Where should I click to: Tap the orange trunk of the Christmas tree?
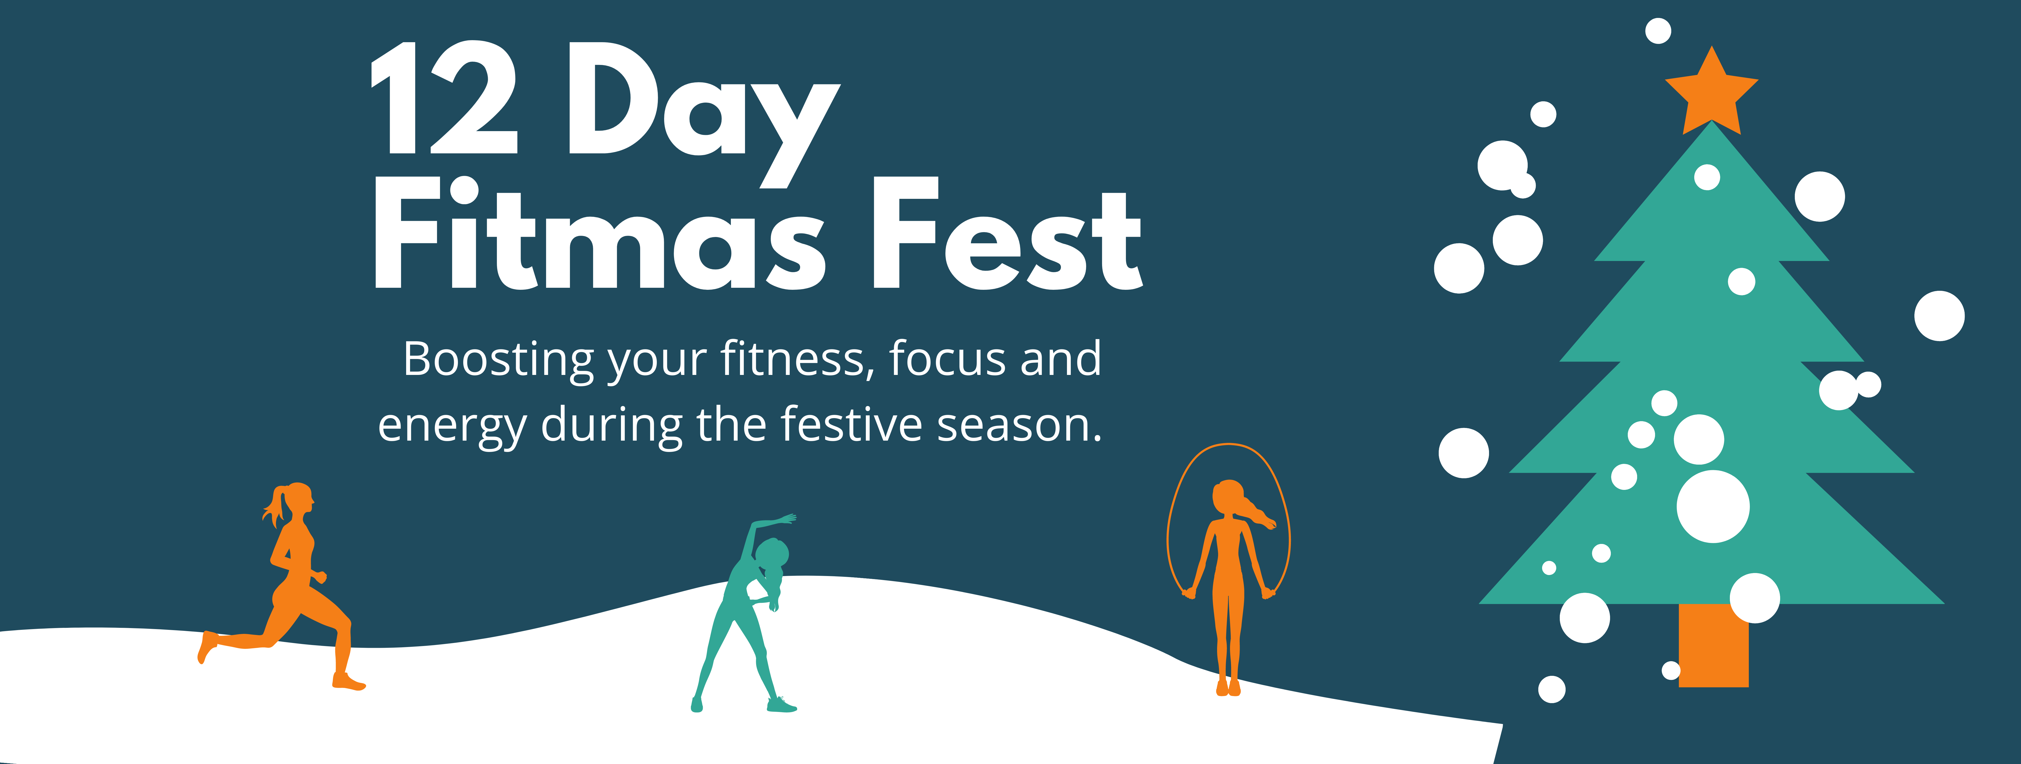[x=1713, y=645]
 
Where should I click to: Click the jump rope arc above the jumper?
[x=1229, y=445]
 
